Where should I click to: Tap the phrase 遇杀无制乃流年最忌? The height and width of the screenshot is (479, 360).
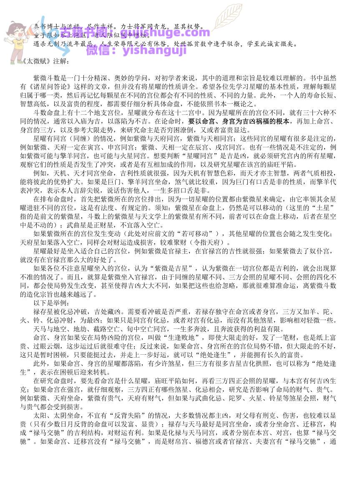click(x=63, y=43)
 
